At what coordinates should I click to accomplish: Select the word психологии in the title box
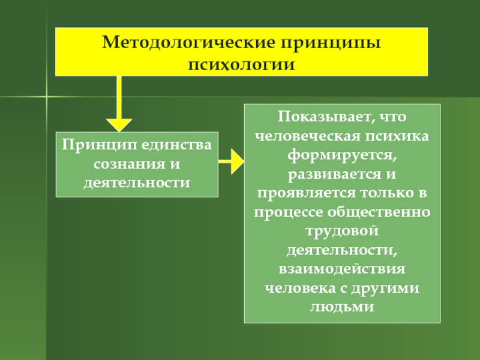click(x=242, y=64)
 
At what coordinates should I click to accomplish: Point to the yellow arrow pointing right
click(x=231, y=161)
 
